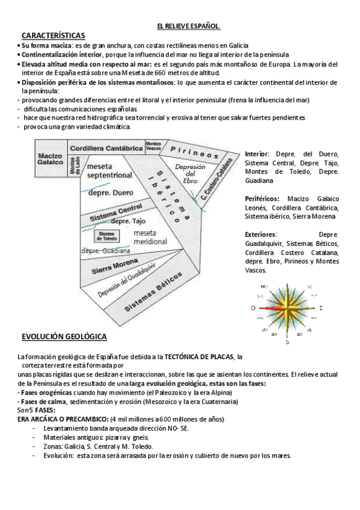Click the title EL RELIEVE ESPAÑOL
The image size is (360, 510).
[188, 26]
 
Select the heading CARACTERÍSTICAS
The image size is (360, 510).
[53, 36]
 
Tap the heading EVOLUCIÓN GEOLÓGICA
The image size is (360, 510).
[64, 336]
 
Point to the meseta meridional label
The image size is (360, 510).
[150, 236]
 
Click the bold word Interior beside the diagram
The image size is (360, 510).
[257, 155]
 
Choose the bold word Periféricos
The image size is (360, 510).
[265, 198]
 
